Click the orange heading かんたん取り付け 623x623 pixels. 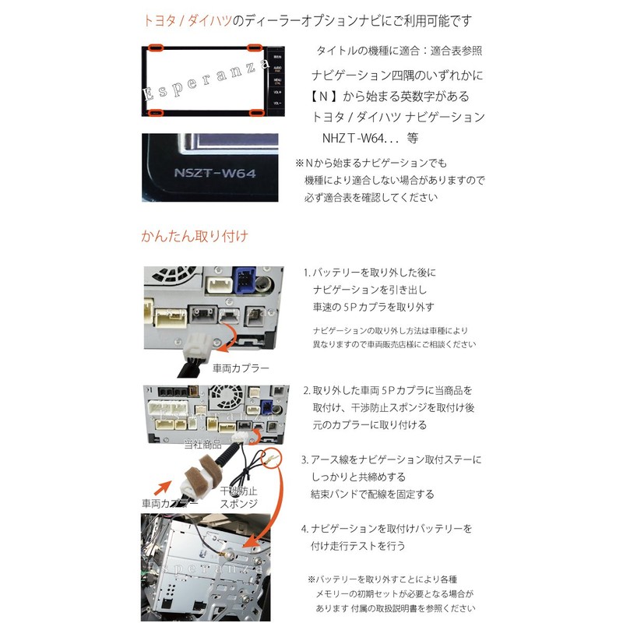click(x=195, y=234)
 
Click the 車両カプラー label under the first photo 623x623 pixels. click(x=241, y=367)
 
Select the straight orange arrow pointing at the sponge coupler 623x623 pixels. click(x=171, y=489)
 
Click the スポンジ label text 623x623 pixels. click(x=238, y=505)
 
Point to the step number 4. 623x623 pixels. click(x=305, y=529)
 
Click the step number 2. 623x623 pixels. click(x=305, y=389)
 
